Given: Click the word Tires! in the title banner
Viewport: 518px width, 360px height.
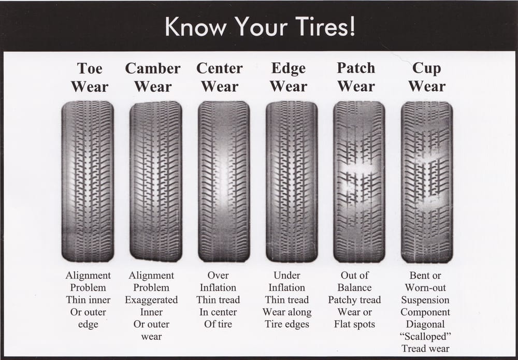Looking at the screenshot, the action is click(325, 26).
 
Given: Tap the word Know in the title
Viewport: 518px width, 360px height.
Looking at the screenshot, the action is click(195, 26).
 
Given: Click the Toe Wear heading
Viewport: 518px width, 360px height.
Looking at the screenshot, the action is click(90, 78).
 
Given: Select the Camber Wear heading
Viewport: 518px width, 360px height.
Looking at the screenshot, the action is click(153, 78).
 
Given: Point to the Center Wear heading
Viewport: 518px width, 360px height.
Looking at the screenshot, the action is click(220, 78).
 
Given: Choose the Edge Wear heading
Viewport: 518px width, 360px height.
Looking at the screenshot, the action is click(289, 78).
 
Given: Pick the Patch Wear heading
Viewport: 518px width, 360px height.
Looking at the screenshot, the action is click(356, 78).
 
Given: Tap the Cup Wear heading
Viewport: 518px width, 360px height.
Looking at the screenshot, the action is click(427, 78).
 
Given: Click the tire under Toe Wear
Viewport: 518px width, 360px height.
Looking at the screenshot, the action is click(88, 181).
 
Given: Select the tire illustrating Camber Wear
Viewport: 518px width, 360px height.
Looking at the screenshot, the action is click(156, 181).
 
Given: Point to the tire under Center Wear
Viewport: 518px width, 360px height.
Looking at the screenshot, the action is click(224, 181).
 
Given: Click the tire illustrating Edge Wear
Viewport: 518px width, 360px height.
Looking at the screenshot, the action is click(292, 181).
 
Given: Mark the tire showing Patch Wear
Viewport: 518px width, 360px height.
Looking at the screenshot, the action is click(359, 181).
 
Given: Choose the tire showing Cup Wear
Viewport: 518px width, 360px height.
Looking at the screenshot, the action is click(427, 181).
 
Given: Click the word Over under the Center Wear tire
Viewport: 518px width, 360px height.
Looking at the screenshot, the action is click(218, 275).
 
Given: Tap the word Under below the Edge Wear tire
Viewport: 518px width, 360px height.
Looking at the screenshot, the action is click(287, 275).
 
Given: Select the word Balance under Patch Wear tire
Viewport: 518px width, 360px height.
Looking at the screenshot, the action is click(354, 287).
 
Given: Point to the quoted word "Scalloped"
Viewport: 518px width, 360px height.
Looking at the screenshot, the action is click(425, 336).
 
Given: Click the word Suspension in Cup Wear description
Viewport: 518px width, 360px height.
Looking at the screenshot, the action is click(425, 300).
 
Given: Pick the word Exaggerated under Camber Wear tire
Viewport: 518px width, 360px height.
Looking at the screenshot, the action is click(151, 300).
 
